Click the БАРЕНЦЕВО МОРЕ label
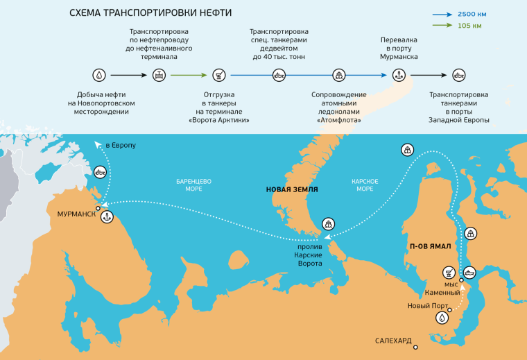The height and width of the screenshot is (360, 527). pos(193,185)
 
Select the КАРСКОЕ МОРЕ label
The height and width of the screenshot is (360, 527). pos(365,185)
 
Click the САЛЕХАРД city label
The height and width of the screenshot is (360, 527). pos(393,341)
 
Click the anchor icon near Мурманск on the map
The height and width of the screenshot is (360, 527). pos(107,218)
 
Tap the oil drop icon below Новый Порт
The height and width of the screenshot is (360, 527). pos(442,318)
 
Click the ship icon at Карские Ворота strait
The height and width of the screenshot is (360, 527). pos(328,224)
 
